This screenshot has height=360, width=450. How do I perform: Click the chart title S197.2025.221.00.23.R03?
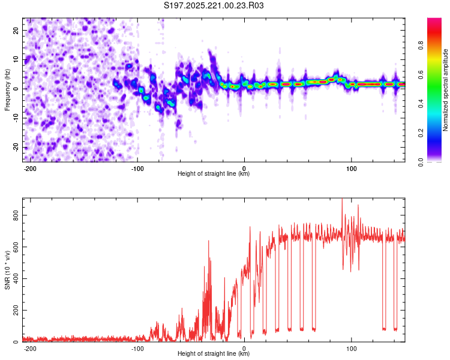point(214,5)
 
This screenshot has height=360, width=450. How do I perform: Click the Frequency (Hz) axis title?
point(7,90)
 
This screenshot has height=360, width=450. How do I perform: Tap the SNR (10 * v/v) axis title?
point(7,269)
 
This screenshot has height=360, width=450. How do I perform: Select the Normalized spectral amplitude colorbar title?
point(446,90)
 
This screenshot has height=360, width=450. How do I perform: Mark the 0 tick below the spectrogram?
point(244,167)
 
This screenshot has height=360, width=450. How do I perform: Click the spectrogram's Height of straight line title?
point(214,174)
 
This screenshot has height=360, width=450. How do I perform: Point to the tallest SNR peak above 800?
point(342,200)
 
